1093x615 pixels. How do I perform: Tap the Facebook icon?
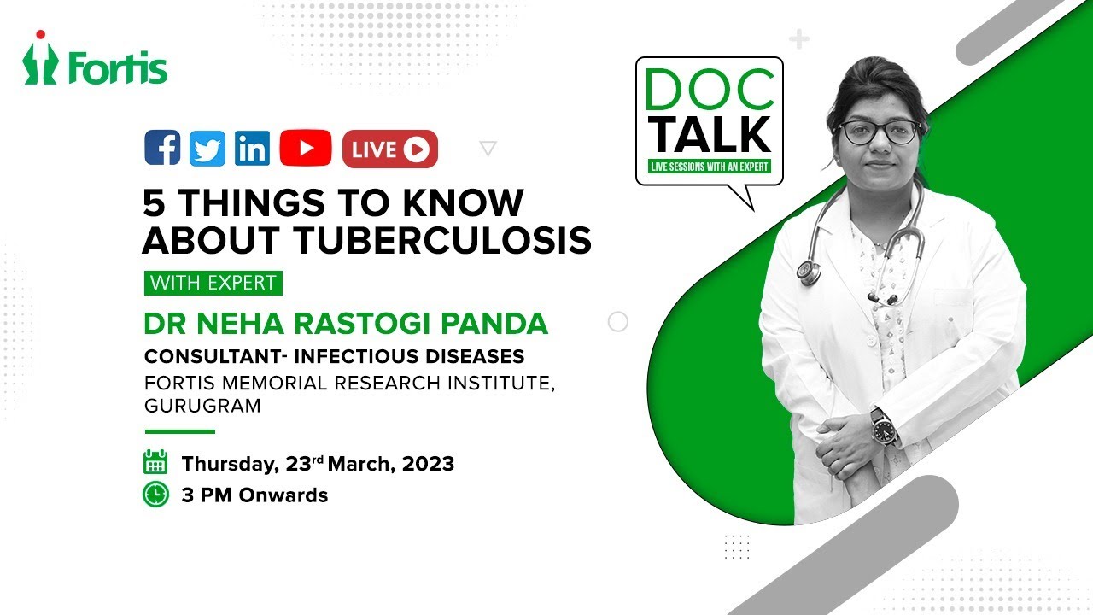(162, 148)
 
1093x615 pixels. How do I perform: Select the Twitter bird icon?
(207, 149)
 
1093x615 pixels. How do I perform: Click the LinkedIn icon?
(252, 149)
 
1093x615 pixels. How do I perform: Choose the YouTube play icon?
(305, 149)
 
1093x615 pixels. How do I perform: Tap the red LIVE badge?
(389, 149)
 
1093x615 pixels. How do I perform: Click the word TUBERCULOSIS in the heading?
(443, 240)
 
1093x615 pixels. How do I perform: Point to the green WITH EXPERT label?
(213, 283)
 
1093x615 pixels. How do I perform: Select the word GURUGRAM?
(203, 407)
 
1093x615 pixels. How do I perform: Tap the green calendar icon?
(155, 462)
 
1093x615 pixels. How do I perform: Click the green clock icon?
(155, 494)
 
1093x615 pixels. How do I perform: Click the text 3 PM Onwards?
(254, 495)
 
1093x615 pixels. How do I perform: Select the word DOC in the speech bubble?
(709, 86)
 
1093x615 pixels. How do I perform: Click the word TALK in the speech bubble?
(709, 135)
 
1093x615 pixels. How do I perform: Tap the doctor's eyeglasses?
(879, 132)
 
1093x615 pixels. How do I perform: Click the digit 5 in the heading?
(154, 203)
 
